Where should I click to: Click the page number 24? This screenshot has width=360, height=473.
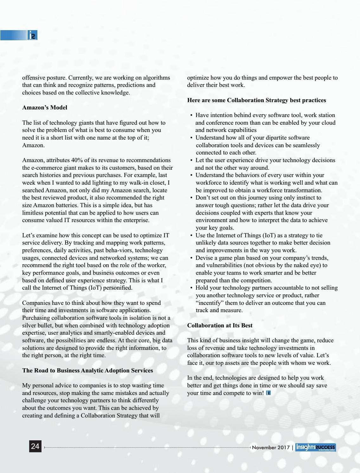[x=35, y=447]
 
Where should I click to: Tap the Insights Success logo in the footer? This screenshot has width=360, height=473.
[x=315, y=447]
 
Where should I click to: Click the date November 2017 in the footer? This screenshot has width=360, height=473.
[x=271, y=447]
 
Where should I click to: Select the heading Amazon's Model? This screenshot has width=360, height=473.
[x=45, y=108]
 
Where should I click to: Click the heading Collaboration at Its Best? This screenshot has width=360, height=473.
[x=220, y=325]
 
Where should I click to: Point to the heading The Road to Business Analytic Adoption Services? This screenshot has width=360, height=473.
[x=87, y=370]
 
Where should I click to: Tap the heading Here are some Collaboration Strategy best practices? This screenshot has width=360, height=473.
[x=256, y=100]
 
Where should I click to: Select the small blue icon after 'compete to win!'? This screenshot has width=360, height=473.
[x=268, y=393]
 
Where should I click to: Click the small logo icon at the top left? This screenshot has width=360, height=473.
[x=32, y=35]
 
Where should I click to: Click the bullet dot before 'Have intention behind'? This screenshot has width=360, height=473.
[x=191, y=115]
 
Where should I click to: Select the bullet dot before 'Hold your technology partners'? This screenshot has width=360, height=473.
[x=191, y=288]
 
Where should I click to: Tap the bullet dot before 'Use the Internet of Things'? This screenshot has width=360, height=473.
[x=191, y=236]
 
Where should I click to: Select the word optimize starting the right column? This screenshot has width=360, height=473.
[x=198, y=78]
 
